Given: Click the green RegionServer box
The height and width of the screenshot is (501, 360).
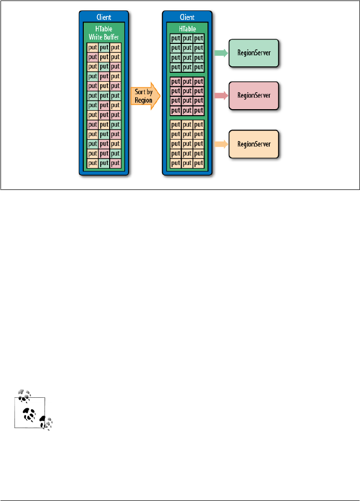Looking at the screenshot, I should coord(253,51).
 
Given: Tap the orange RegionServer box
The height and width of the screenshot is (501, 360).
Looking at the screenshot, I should coord(253,144).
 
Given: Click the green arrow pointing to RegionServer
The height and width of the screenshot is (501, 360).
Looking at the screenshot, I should coord(220,51).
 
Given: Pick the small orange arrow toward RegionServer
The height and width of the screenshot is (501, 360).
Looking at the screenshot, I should coord(220,144).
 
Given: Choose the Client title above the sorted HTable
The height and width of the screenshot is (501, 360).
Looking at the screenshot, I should coord(187,17).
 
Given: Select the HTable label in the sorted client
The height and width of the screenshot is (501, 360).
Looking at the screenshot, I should coord(187,28).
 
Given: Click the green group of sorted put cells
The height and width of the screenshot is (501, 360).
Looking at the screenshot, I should coord(187,52).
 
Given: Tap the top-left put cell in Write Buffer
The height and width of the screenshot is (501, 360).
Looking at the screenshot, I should coord(92,48).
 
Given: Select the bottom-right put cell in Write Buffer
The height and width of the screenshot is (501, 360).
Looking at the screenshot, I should coord(115,164).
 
